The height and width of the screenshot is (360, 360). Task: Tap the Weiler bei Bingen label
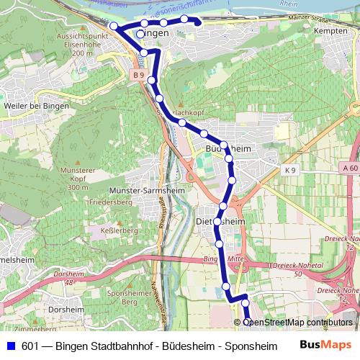pyautogui.click(x=36, y=106)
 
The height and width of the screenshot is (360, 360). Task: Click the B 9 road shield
pyautogui.click(x=138, y=75)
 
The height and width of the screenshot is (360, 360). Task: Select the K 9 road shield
pyautogui.click(x=290, y=169)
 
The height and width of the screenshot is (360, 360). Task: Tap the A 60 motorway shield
pyautogui.click(x=350, y=168)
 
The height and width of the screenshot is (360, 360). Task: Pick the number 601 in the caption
pyautogui.click(x=30, y=346)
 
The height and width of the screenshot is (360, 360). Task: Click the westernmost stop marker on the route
pyautogui.click(x=113, y=26)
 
